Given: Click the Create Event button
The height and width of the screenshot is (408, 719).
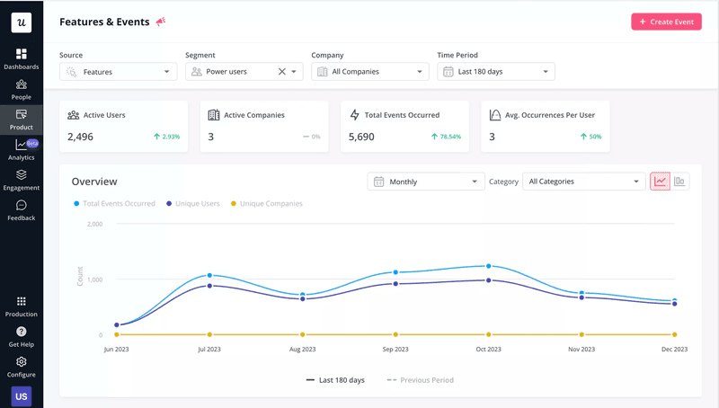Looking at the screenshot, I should [666, 22].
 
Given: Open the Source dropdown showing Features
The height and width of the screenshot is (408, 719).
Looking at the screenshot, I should [119, 72].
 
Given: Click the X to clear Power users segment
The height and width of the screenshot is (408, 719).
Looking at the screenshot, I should [281, 72].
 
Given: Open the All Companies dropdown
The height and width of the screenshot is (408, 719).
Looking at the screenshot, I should [370, 72].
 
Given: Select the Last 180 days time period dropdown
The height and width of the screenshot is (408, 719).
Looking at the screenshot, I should [496, 72].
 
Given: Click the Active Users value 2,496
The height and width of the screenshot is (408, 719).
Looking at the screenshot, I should [81, 137].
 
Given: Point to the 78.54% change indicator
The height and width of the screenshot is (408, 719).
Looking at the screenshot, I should [446, 137].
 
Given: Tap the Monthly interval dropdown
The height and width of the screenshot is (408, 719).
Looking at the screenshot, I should [426, 182].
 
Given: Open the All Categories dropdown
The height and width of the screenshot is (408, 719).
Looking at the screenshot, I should [584, 182].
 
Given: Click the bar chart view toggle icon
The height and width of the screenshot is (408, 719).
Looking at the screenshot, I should [680, 182].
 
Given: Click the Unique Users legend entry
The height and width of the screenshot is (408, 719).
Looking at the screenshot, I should [193, 204].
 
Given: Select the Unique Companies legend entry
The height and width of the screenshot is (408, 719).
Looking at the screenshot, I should [266, 204].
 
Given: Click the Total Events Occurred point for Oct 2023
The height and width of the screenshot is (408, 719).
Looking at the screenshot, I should [489, 266].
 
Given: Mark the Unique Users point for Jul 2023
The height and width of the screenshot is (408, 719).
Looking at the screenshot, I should [209, 286].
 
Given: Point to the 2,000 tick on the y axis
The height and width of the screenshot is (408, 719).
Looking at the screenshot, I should [94, 224].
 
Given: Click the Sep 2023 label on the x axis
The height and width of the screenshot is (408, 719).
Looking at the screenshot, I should [395, 349].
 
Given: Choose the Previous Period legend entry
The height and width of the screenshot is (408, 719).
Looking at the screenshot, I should [421, 380].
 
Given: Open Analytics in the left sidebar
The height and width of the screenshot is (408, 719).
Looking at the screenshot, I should [22, 150].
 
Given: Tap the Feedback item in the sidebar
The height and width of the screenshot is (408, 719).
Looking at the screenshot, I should [22, 210].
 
